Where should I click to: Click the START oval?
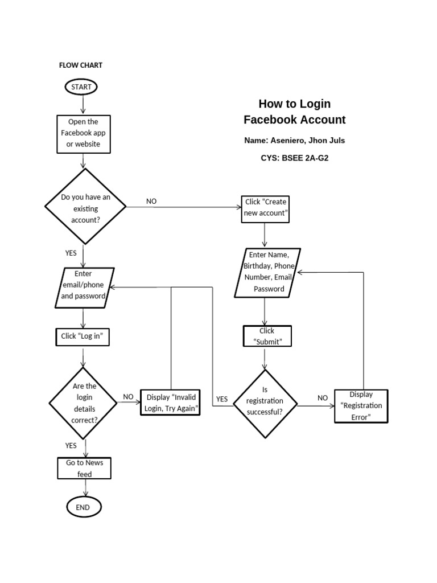tap(81, 87)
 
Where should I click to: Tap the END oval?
tap(84, 507)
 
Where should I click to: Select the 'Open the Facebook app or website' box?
tap(84, 134)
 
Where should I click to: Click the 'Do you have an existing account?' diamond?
tap(85, 207)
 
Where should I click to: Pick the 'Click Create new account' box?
tap(265, 210)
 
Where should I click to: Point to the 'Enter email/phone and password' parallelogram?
tap(84, 288)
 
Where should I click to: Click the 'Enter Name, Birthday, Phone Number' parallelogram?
tap(267, 273)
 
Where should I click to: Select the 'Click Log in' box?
tap(83, 337)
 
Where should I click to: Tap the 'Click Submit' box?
tap(267, 336)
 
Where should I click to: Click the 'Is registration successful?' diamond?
tap(265, 404)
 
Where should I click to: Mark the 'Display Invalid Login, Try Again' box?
tap(170, 403)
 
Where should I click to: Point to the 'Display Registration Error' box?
tap(361, 406)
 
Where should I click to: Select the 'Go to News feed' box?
tap(84, 468)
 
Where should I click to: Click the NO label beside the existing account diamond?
tap(151, 201)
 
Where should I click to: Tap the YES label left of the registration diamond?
tap(222, 399)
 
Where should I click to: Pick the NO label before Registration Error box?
tap(323, 398)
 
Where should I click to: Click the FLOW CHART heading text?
tap(81, 65)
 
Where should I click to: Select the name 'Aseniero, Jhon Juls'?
tap(308, 141)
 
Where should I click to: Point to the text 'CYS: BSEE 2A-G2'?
tap(295, 158)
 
